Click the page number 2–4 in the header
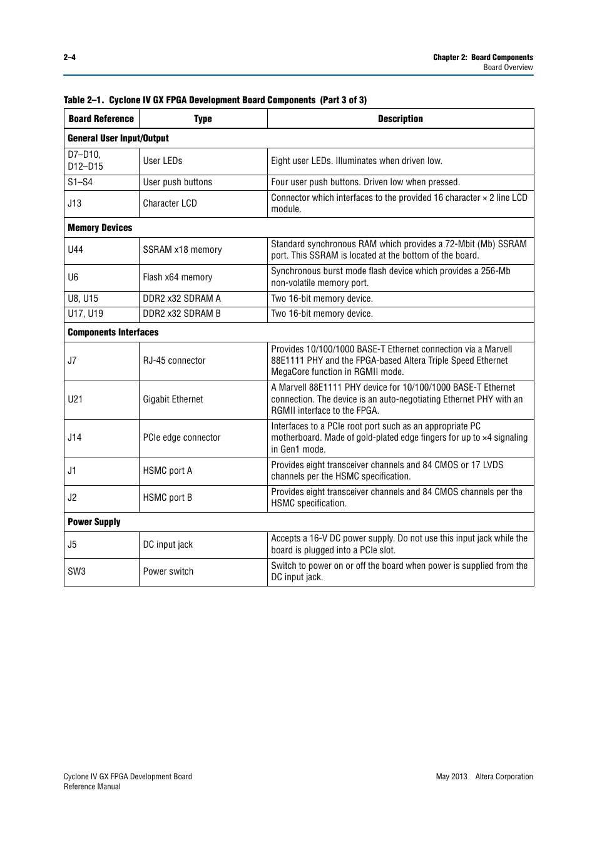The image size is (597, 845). click(x=69, y=57)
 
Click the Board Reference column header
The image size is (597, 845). click(x=101, y=119)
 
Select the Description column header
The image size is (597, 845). click(x=400, y=119)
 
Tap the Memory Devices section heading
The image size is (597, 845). click(x=100, y=228)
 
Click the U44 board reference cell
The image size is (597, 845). click(x=76, y=250)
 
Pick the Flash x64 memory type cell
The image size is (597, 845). click(x=178, y=277)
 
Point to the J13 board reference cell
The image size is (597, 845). click(x=75, y=203)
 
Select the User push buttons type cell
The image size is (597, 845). click(x=178, y=182)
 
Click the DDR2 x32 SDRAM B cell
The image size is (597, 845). click(x=181, y=314)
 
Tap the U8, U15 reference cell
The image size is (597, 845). click(x=83, y=299)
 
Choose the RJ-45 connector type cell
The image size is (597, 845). click(x=174, y=361)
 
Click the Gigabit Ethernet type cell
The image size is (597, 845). click(x=173, y=399)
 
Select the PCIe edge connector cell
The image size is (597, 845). click(x=181, y=438)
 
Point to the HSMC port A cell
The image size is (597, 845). click(x=168, y=471)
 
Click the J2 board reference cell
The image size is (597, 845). click(x=73, y=498)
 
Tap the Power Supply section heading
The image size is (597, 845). click(x=94, y=522)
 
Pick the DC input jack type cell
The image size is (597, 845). click(x=168, y=545)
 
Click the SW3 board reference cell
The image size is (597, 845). click(x=77, y=571)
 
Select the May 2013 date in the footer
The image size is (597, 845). click(x=451, y=777)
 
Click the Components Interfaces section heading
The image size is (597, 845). click(x=113, y=332)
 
